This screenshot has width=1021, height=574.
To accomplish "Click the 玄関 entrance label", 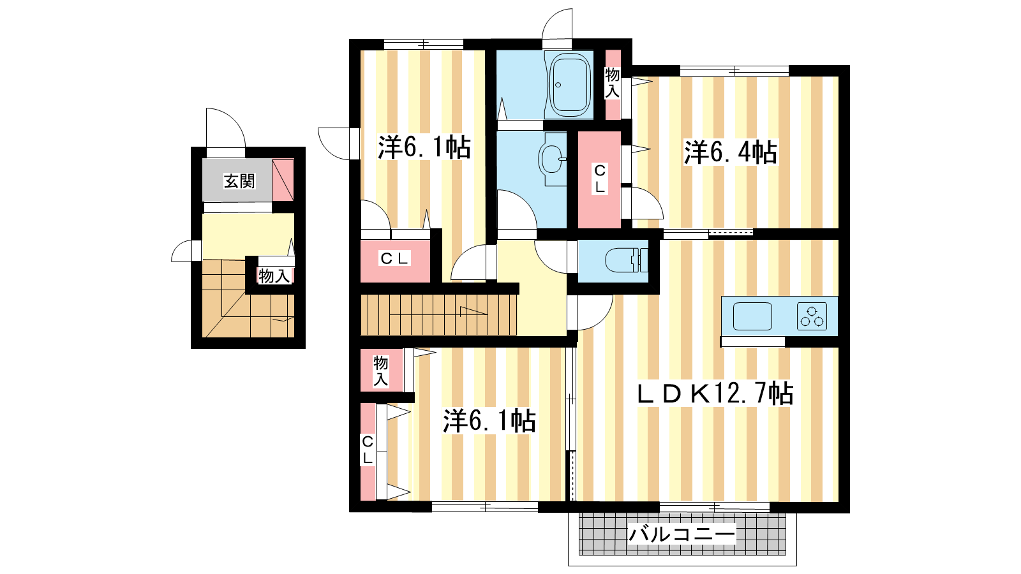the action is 239,181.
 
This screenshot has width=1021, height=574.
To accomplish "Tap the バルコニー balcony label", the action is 682,534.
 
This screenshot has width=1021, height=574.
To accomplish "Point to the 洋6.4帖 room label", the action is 731,152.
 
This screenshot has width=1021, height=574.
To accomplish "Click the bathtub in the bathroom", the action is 570,85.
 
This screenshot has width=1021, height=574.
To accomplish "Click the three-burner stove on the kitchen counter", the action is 812,316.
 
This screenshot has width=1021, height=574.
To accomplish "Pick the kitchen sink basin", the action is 752,316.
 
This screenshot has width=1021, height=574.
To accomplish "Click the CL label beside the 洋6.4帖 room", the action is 600,179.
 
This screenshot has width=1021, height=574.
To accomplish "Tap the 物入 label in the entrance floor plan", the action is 274,276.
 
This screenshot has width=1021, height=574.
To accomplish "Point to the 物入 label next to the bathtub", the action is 612,83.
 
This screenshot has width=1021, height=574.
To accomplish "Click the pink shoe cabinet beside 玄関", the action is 283,180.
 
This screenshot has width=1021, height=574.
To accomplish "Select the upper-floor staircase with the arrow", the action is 439,315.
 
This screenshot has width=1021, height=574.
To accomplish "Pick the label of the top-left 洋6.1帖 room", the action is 424,147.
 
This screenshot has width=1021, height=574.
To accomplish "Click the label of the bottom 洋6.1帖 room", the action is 489,420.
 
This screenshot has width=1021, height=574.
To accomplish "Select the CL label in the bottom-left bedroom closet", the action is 368,450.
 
